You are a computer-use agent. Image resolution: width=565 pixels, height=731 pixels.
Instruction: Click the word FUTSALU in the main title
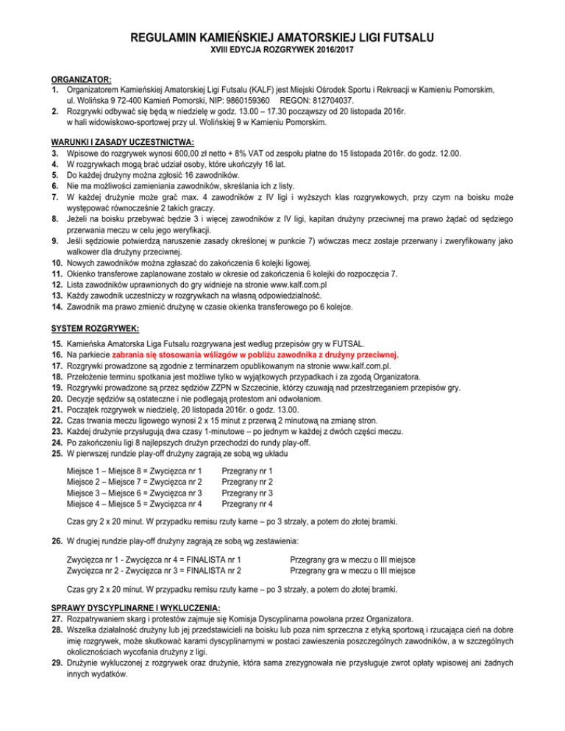(x=398, y=37)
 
